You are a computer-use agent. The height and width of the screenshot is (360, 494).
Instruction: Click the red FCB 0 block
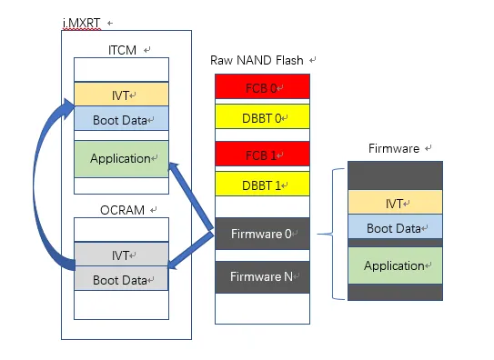coord(262,86)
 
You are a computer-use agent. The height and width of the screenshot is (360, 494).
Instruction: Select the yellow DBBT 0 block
coord(262,116)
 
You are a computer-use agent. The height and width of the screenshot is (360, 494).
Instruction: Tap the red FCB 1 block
coord(262,154)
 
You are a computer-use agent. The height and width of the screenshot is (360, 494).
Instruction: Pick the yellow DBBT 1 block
coord(262,184)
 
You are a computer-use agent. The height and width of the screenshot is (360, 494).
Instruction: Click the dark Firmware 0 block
coord(262,234)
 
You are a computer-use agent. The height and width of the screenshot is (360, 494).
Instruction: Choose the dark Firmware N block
coord(262,277)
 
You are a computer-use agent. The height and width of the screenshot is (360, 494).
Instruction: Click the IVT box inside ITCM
coord(121,95)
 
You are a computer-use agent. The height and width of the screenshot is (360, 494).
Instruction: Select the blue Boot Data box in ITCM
coord(121,118)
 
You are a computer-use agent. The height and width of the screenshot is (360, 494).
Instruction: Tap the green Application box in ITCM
coord(121,159)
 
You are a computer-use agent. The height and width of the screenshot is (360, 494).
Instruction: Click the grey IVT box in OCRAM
coord(121,254)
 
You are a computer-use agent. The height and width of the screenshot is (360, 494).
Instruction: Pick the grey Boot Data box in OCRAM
coord(121,278)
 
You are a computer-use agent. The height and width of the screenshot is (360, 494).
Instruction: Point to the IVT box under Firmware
coord(396,202)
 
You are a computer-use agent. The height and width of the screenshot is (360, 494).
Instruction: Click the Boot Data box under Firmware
coord(396,226)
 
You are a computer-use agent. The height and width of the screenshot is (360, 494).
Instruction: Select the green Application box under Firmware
coord(396,265)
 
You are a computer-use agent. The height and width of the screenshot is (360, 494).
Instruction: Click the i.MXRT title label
coord(82,24)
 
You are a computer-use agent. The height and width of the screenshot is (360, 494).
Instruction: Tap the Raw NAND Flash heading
coord(257,60)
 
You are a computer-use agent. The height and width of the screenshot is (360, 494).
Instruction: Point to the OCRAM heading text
coord(122,210)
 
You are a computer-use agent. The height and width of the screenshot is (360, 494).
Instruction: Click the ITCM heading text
coord(122,50)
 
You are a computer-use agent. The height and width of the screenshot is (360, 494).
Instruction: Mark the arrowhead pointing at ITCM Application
coord(175,167)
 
